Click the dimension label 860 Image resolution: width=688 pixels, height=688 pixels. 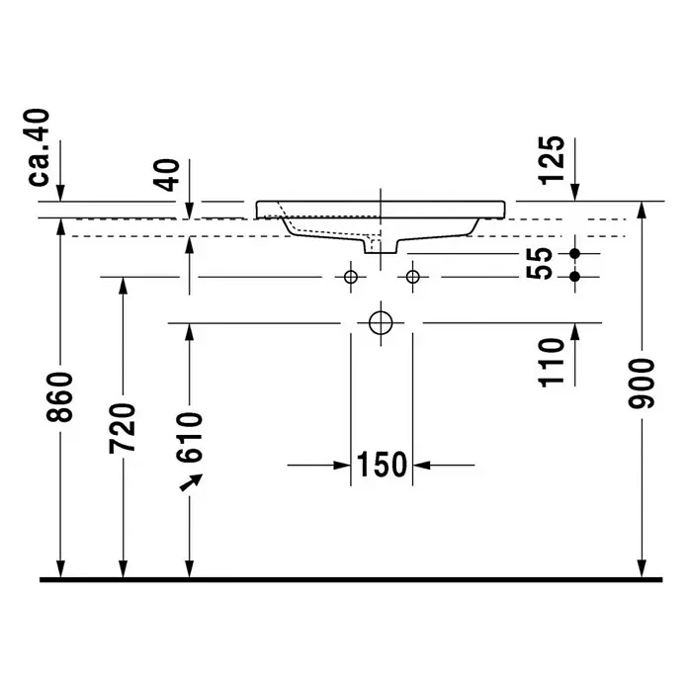click(59, 397)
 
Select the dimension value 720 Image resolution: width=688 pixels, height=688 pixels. click(123, 429)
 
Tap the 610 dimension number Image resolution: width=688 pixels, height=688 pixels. click(189, 438)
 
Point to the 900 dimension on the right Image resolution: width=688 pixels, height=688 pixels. click(642, 384)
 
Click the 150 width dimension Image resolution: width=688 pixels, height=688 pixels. click(382, 465)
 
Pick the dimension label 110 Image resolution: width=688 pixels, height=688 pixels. click(552, 363)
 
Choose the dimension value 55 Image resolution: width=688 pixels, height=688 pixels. click(539, 263)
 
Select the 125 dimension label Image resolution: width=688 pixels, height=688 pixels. click(552, 160)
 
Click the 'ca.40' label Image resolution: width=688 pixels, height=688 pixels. click(39, 147)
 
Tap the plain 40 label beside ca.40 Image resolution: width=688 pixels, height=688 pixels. click(168, 175)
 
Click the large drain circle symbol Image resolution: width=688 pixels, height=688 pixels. click(381, 323)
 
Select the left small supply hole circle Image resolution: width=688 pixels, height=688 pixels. click(351, 277)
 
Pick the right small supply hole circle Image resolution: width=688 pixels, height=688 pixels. click(413, 277)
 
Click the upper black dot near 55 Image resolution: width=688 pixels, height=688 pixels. click(574, 254)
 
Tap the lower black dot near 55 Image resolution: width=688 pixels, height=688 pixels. click(574, 277)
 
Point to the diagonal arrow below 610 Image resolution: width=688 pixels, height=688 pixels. click(192, 482)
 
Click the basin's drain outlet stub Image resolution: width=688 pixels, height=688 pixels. click(381, 246)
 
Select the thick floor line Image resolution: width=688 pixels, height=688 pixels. click(351, 579)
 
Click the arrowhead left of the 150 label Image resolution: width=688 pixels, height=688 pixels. click(342, 466)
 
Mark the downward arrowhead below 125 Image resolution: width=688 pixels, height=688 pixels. click(574, 193)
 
